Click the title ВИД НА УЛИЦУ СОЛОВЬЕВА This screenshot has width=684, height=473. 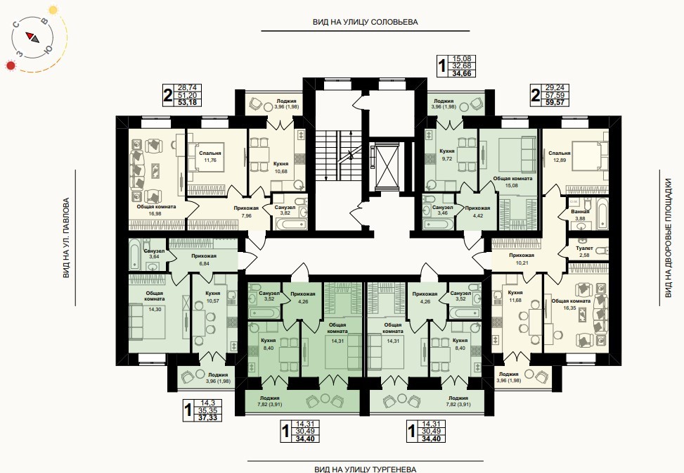coord(365,22)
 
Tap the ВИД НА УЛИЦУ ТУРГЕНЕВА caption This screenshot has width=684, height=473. coord(365,469)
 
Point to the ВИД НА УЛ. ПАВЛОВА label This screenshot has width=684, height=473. coord(66,238)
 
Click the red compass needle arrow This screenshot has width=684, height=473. coord(30,36)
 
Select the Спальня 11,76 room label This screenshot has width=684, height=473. coord(209,156)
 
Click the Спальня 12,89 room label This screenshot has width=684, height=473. coord(560,156)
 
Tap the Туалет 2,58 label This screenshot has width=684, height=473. coord(584,251)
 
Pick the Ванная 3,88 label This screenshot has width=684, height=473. coord(580,215)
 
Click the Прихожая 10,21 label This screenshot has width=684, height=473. coord(522,258)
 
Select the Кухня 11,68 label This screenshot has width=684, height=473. coord(515,296)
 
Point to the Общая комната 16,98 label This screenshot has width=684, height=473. coord(156,210)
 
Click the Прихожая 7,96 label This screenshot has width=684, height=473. coord(246,211)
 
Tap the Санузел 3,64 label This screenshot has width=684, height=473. coord(154,254)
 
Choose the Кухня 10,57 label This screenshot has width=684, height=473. coord(212,296)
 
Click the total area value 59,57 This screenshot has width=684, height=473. coord(555,103)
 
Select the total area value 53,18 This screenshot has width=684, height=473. coord(187,103)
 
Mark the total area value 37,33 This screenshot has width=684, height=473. coord(207,417)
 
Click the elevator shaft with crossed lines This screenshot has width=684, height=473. coord(387,166)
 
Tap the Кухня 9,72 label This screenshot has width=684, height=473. coord(447,155)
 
